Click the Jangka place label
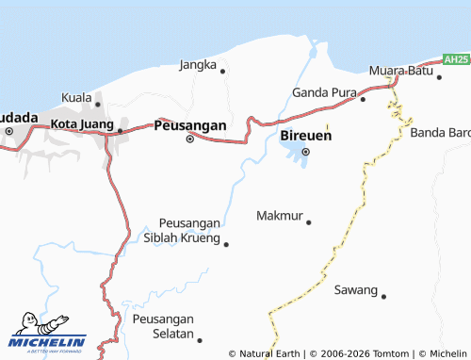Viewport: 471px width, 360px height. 198,65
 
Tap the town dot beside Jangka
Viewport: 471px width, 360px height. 222,71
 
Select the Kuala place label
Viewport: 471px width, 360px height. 76,98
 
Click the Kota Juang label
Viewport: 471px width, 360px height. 82,123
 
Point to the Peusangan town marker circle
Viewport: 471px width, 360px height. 189,139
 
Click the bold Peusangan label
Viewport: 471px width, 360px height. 189,124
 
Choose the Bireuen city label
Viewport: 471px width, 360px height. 305,137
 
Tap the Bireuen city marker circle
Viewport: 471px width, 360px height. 305,151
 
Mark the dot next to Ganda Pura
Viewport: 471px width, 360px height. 363,98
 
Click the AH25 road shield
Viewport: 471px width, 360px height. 456,59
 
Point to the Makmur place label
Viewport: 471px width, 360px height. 280,216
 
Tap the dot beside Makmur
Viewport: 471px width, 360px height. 308,222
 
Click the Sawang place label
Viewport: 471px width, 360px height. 355,289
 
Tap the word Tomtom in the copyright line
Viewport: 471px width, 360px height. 391,353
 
